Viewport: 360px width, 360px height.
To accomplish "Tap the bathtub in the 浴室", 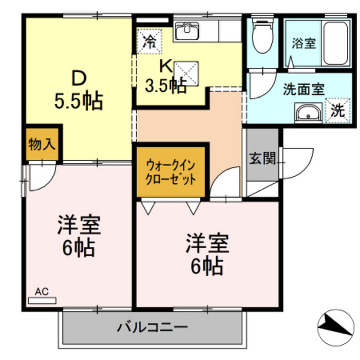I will pyautogui.click(x=336, y=43).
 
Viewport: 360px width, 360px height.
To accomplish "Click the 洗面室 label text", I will pyautogui.click(x=303, y=90).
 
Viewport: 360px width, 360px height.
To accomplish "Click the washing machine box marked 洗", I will pyautogui.click(x=338, y=111).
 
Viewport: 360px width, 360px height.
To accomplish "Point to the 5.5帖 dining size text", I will pyautogui.click(x=78, y=101).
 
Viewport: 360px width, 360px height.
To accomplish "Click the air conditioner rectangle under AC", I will pyautogui.click(x=42, y=301).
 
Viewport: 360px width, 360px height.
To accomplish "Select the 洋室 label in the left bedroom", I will pyautogui.click(x=79, y=225).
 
